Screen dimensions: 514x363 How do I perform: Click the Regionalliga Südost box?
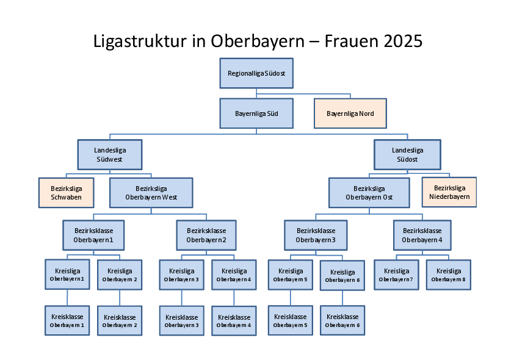(x=256, y=73)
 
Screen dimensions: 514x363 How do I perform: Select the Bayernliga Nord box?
(x=350, y=113)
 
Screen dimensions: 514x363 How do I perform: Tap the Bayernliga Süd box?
(x=256, y=113)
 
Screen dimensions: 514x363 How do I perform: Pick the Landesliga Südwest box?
(x=110, y=154)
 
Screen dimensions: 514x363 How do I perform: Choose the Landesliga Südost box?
(x=407, y=154)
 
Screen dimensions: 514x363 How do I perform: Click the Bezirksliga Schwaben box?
(x=66, y=193)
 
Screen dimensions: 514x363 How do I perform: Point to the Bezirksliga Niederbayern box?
(x=449, y=192)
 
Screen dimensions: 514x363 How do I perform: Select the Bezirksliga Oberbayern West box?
(x=151, y=193)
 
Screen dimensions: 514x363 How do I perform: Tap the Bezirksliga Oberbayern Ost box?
(x=369, y=193)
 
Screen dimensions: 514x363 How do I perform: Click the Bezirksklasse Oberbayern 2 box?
(x=206, y=235)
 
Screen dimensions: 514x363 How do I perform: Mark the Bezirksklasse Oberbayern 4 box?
(x=422, y=235)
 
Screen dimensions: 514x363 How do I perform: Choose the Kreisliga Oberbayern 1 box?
(x=67, y=275)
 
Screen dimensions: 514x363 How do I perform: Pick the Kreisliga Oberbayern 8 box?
(x=449, y=275)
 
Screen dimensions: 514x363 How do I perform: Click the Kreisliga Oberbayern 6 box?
(x=342, y=276)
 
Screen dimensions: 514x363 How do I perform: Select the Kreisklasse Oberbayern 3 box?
(x=181, y=321)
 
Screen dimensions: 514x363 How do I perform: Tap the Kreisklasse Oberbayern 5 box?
(x=291, y=320)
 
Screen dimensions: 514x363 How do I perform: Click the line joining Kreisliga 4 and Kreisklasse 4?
(x=234, y=298)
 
